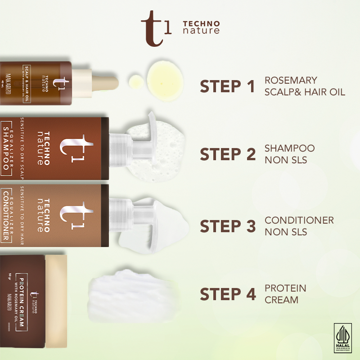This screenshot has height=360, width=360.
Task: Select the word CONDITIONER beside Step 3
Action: coord(299,220)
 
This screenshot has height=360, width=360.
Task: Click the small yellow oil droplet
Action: coord(136,81)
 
